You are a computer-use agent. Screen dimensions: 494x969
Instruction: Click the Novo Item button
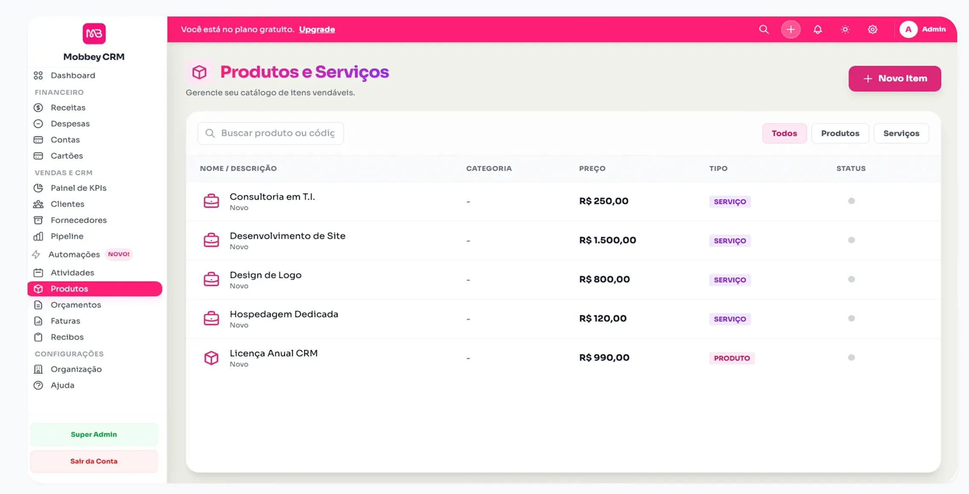click(x=894, y=79)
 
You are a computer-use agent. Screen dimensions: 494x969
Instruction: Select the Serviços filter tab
click(x=901, y=133)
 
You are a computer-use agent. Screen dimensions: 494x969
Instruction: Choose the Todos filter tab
click(x=784, y=133)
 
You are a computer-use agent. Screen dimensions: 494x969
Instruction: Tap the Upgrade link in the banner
click(x=317, y=29)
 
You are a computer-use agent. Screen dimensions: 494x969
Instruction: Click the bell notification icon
click(x=817, y=29)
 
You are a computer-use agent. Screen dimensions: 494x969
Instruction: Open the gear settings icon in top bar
click(x=872, y=29)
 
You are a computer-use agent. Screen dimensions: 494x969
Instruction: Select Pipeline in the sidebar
click(x=67, y=236)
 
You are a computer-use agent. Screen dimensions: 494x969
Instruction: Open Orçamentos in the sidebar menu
click(x=76, y=305)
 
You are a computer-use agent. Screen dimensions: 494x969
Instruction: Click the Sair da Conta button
click(x=94, y=461)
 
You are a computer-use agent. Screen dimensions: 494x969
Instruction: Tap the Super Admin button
click(x=94, y=434)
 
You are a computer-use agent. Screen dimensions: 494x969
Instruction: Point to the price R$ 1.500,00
click(x=607, y=240)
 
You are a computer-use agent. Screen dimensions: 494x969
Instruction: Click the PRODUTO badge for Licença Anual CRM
click(x=731, y=358)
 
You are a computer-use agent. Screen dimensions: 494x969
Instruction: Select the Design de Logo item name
click(x=265, y=275)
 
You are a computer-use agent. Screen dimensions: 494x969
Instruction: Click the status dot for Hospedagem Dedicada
click(x=851, y=318)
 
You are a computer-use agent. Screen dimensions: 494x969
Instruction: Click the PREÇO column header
click(x=592, y=168)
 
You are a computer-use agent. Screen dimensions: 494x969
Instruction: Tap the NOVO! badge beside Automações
click(x=119, y=254)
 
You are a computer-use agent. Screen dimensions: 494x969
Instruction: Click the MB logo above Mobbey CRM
click(x=94, y=33)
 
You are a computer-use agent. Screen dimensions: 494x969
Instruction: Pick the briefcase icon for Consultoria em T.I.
click(x=211, y=201)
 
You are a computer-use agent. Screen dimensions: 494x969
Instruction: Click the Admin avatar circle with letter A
click(x=908, y=29)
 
